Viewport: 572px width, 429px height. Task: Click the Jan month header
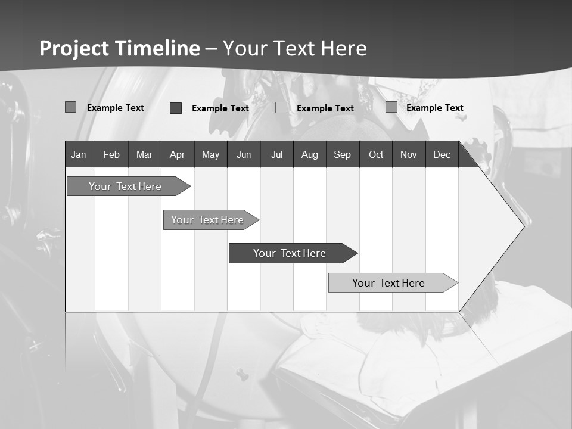tap(79, 154)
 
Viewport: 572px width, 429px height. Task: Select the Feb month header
tap(111, 154)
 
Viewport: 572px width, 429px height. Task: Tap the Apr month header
tap(178, 154)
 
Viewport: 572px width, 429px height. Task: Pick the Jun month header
tap(244, 154)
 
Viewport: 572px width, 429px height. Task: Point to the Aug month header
tap(310, 154)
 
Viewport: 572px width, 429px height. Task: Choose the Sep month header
tap(343, 154)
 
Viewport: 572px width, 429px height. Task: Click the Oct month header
tap(376, 154)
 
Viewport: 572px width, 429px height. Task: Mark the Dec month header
tap(442, 154)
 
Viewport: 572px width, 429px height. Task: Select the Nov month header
tap(409, 154)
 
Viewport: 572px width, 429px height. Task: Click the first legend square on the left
tap(70, 107)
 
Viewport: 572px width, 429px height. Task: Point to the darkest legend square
tap(176, 108)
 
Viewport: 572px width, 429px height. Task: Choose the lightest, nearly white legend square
tap(281, 108)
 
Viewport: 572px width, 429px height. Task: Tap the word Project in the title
tap(73, 48)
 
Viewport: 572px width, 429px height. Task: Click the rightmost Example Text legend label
tap(435, 108)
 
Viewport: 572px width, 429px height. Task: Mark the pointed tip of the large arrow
tap(523, 226)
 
